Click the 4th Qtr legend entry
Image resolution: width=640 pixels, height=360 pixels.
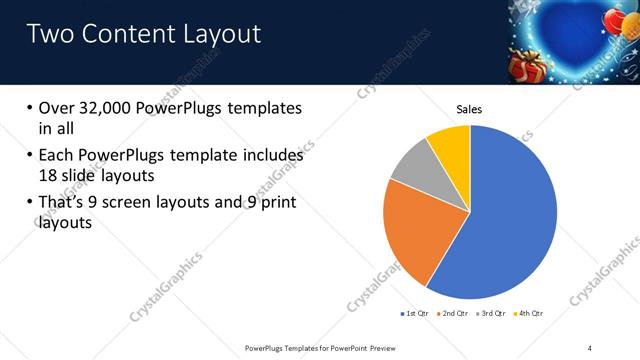(x=530, y=313)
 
